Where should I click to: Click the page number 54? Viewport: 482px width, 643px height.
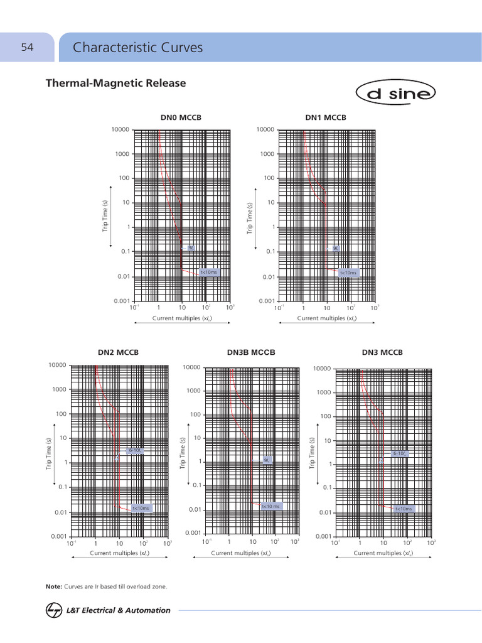[x=27, y=47]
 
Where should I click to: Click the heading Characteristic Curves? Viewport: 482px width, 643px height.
[x=137, y=48]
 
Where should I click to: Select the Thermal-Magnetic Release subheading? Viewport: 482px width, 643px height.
[x=115, y=83]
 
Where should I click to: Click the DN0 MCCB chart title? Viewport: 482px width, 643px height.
[x=181, y=117]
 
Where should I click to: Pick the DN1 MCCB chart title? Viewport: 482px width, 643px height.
[x=326, y=117]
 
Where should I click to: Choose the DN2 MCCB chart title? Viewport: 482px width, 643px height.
[x=118, y=352]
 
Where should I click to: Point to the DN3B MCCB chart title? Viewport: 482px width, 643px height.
[x=251, y=352]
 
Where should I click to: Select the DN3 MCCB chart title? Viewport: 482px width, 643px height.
[x=382, y=352]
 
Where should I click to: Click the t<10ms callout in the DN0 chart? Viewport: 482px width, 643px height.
[x=208, y=272]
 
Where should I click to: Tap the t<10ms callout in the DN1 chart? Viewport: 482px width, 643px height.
[x=348, y=273]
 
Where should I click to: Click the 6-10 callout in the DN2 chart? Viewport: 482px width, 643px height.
[x=136, y=450]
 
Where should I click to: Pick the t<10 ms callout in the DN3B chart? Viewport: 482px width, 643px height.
[x=270, y=505]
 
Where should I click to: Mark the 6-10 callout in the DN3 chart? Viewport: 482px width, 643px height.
[x=400, y=453]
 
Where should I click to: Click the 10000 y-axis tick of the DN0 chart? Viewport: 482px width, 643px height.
[x=120, y=129]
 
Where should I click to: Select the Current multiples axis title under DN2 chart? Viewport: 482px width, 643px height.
[x=119, y=553]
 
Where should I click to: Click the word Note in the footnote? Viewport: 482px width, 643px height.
[x=53, y=586]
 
